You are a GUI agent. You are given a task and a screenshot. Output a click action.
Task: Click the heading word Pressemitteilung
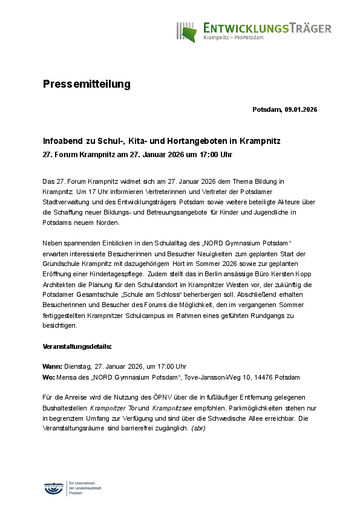click(x=87, y=84)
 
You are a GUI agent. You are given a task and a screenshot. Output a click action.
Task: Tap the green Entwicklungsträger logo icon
click(x=188, y=32)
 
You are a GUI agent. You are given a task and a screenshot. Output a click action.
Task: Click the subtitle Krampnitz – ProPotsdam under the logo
click(x=233, y=37)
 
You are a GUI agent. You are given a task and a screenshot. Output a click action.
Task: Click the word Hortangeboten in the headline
click(x=185, y=140)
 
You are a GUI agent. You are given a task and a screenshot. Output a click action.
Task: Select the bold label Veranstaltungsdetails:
click(x=77, y=347)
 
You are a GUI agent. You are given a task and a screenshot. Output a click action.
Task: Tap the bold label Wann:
click(x=52, y=366)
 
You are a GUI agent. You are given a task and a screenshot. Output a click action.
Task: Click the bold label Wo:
click(x=48, y=377)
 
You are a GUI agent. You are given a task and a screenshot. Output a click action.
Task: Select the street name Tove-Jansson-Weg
click(x=209, y=377)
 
